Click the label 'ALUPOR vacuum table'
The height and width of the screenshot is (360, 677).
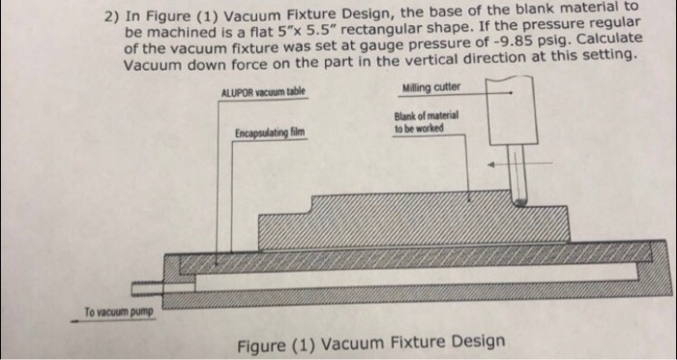[x=263, y=91]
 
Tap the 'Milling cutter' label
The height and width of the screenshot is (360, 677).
[x=431, y=88]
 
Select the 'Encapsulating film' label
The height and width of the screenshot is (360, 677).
[x=269, y=133]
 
